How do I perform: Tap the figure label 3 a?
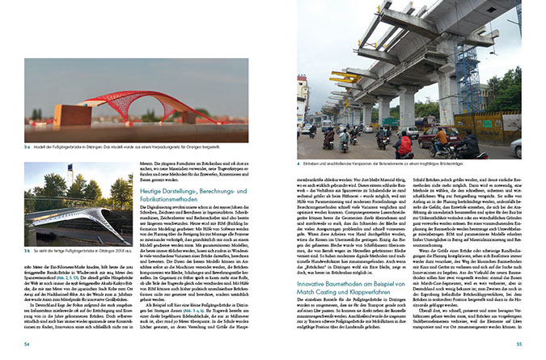coord(28,147)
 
